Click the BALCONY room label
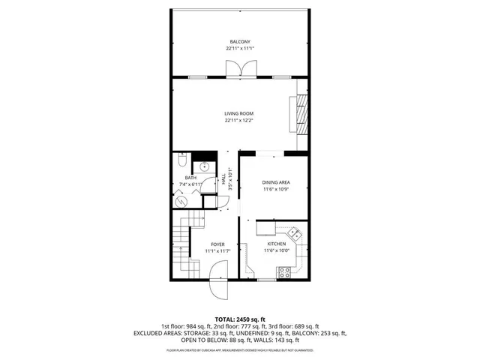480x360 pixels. (239, 41)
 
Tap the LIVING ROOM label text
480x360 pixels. (239, 113)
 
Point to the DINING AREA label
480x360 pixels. (276, 183)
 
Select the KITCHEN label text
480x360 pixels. (277, 244)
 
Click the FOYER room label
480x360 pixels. (217, 244)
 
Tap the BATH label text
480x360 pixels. (190, 178)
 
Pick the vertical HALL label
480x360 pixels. (223, 180)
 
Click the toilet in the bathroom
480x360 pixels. (182, 161)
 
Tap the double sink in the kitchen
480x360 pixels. (296, 233)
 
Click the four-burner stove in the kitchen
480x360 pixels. (285, 271)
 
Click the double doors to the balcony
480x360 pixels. (239, 70)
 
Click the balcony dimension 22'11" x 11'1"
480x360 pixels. (239, 48)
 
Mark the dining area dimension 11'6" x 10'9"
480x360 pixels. (276, 190)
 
